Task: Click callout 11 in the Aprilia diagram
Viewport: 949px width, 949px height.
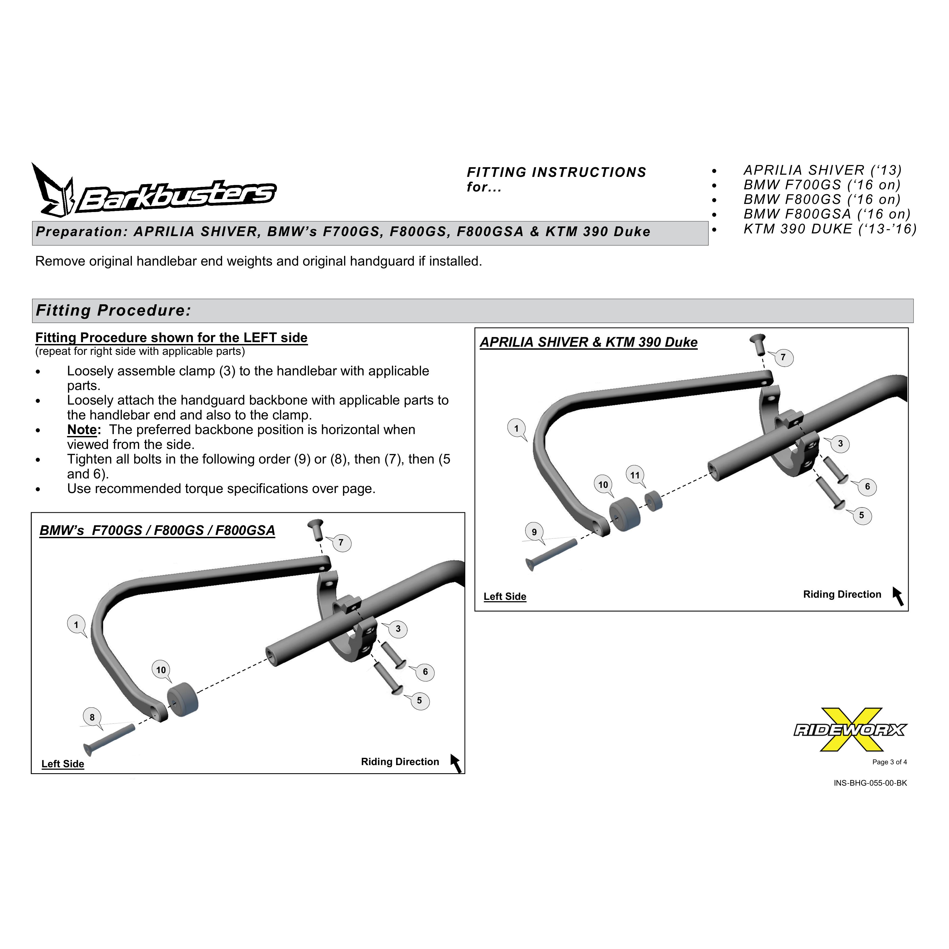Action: [635, 475]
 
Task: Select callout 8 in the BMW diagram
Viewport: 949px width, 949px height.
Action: [92, 717]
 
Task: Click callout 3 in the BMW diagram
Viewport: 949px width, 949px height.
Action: [398, 629]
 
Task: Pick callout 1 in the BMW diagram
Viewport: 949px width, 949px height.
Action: [76, 625]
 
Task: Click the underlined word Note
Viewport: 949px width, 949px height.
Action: [82, 430]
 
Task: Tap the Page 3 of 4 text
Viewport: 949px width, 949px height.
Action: [890, 762]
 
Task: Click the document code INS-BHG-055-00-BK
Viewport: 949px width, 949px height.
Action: [870, 783]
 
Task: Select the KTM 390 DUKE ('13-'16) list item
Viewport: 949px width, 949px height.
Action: [830, 229]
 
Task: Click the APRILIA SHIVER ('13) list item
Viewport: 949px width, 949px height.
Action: [823, 170]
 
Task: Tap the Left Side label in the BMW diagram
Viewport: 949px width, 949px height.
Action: [63, 764]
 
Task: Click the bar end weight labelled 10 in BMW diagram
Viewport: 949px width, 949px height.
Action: [183, 699]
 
